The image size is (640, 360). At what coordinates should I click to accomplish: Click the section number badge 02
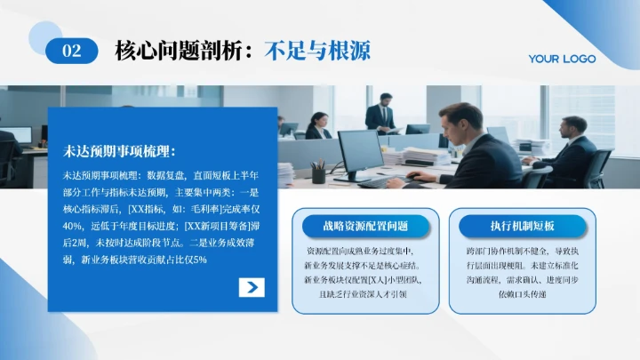pyautogui.click(x=72, y=52)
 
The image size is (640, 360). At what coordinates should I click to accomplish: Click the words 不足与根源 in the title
pyautogui.click(x=317, y=51)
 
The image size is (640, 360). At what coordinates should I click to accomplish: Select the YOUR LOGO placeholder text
pyautogui.click(x=562, y=59)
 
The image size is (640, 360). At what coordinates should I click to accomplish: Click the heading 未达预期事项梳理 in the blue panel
pyautogui.click(x=120, y=151)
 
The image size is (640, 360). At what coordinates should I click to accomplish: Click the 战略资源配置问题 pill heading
pyautogui.click(x=366, y=226)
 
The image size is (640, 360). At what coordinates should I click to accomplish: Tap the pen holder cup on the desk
pyautogui.click(x=317, y=174)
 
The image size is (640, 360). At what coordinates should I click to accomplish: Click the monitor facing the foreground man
pyautogui.click(x=360, y=153)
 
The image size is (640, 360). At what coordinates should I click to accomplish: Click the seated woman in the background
pyautogui.click(x=317, y=126)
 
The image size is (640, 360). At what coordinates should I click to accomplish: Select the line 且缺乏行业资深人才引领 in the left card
pyautogui.click(x=366, y=293)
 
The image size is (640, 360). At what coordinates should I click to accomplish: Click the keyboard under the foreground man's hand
pyautogui.click(x=384, y=181)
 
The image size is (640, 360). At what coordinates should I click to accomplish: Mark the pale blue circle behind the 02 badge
pyautogui.click(x=46, y=37)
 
